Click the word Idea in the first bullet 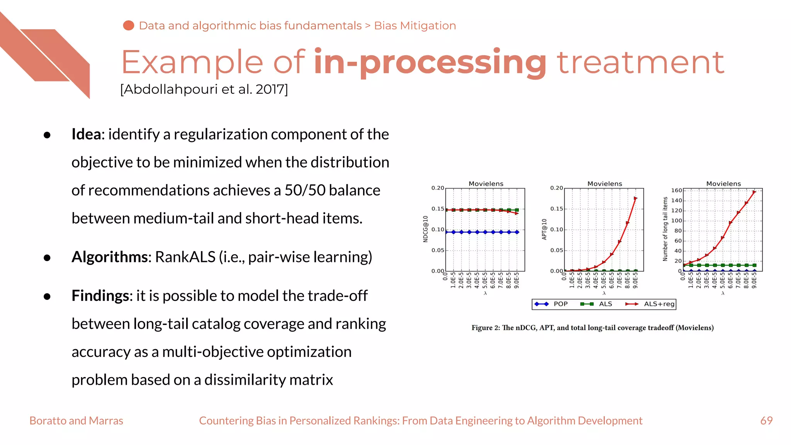coord(87,134)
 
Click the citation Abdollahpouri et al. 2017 coord(204,89)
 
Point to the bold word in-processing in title coord(430,62)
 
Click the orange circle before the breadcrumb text coord(129,25)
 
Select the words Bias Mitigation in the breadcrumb coord(415,25)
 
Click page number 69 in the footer coord(766,421)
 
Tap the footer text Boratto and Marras coord(76,421)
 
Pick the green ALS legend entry coord(597,304)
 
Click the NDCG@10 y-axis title coord(426,229)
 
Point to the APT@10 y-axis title coord(545,229)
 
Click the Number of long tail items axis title coord(665,229)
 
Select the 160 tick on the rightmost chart coord(676,190)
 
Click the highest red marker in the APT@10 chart coord(635,199)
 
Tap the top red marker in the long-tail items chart coord(754,192)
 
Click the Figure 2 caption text coord(592,328)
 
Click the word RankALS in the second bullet coord(185,257)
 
